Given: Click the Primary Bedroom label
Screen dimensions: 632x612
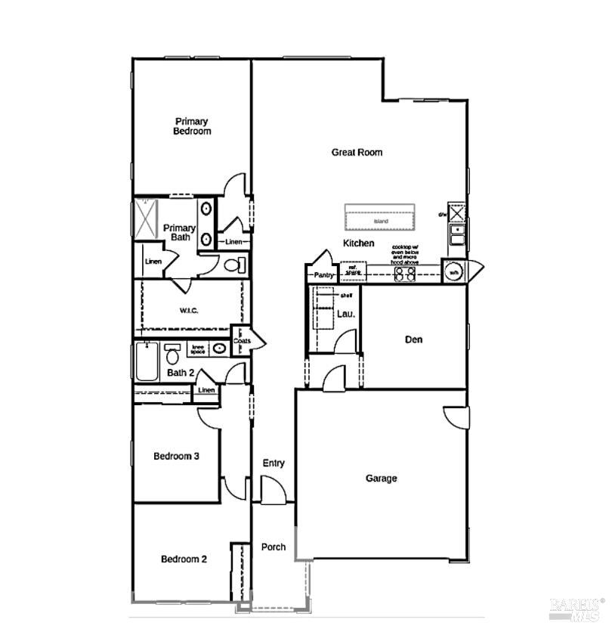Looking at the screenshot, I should pos(191,126).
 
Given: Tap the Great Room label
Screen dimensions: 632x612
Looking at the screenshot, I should pos(357,152).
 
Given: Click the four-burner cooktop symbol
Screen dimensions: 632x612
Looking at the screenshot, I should pos(405,274).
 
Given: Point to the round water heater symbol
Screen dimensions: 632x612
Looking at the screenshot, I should pos(453,272).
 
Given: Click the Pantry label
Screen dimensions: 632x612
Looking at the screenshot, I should pos(324,276).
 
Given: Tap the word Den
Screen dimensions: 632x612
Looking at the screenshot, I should pos(413,339).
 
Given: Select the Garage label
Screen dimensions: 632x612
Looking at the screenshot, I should pos(381,478).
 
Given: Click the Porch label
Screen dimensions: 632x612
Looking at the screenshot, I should pos(273,547).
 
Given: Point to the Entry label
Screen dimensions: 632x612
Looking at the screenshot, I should pos(273,463).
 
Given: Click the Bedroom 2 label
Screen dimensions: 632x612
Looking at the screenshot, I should pos(184,559).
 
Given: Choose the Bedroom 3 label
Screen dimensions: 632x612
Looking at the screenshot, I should pos(176,456).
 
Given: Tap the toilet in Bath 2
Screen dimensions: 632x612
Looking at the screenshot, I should pos(172,354).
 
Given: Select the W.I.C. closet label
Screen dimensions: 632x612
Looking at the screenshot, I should pos(189,310).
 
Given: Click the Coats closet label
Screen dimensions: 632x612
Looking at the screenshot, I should pos(242,341).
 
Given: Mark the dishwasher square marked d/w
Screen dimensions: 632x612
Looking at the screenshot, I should pos(456,212).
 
